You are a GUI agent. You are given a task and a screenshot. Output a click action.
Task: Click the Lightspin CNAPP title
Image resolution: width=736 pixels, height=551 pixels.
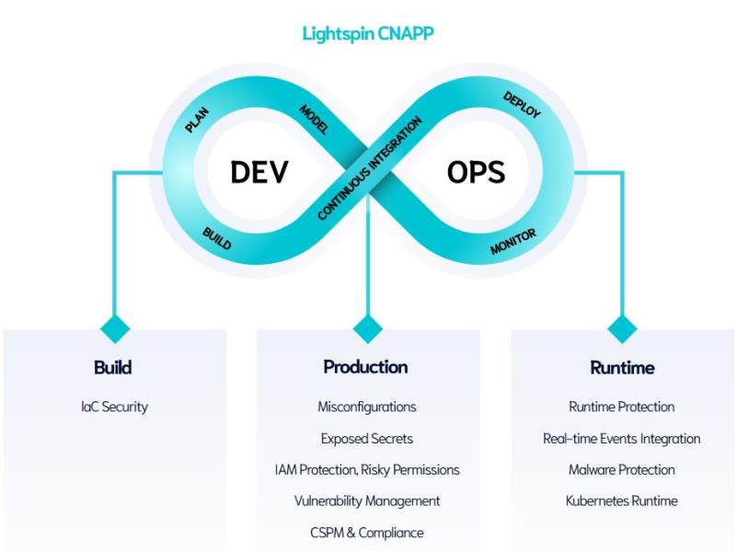tap(367, 34)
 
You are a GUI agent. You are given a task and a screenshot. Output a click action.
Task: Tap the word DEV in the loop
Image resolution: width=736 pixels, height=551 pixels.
tap(259, 172)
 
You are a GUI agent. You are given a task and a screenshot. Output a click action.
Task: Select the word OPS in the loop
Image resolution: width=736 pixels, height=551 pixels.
tap(476, 172)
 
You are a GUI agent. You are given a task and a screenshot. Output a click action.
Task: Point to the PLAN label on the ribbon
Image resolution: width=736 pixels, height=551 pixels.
tap(197, 121)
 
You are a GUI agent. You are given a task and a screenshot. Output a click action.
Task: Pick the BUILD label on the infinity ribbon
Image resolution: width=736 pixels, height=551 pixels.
tap(216, 239)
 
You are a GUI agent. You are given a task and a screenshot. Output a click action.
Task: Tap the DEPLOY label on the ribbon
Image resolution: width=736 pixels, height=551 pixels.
tap(522, 105)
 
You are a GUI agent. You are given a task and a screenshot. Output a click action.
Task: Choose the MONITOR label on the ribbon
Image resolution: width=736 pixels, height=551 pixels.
tap(513, 242)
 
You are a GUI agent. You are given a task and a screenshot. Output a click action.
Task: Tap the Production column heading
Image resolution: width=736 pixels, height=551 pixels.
tap(365, 367)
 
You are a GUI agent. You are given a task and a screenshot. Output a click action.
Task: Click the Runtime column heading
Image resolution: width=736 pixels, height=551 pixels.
tap(622, 368)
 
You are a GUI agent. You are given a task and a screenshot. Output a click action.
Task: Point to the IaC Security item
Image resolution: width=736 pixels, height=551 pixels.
tap(114, 407)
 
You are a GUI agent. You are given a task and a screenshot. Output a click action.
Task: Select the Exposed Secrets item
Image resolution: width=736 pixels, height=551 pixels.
tap(366, 438)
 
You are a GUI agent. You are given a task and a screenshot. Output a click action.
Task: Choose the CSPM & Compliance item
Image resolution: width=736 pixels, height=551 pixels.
tap(366, 532)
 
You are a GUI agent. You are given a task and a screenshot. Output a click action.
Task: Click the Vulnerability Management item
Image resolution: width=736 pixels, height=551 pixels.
tap(366, 500)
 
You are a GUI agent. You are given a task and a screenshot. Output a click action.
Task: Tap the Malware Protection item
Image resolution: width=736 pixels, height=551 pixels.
tap(621, 469)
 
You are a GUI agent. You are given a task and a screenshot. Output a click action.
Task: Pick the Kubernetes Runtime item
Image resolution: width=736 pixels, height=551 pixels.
tap(621, 500)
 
